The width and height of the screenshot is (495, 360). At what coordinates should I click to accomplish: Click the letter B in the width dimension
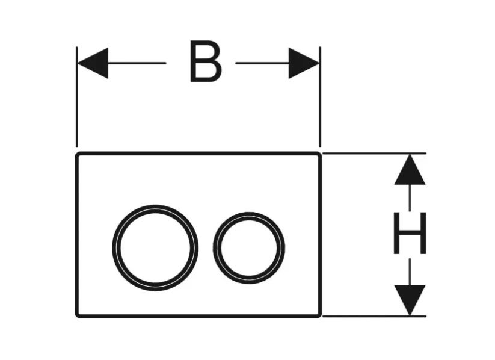click(205, 62)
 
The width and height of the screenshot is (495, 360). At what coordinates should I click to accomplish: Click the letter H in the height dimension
click(410, 233)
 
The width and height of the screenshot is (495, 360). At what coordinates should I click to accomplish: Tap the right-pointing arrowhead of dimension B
click(304, 63)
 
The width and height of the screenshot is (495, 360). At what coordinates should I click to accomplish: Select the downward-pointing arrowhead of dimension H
click(410, 300)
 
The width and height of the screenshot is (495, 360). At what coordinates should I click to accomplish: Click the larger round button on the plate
click(155, 247)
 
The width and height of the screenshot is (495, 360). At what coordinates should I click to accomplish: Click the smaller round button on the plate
click(248, 247)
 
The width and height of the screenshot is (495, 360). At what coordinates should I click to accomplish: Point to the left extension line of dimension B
click(77, 102)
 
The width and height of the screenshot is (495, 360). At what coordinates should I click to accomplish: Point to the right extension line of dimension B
click(320, 102)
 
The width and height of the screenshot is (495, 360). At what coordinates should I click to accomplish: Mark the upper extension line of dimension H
click(373, 154)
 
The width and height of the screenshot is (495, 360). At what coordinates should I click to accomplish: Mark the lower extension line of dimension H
click(373, 315)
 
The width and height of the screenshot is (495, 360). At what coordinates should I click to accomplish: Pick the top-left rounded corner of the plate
click(78, 155)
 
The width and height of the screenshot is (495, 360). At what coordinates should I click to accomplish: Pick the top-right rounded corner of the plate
click(319, 155)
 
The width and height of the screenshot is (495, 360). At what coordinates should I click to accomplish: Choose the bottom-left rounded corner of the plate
click(78, 314)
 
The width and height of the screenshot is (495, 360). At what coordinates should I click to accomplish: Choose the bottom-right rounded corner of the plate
click(319, 314)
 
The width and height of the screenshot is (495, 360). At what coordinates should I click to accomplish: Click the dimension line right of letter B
click(262, 63)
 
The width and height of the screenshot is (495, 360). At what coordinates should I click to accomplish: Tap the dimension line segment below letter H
click(410, 271)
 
